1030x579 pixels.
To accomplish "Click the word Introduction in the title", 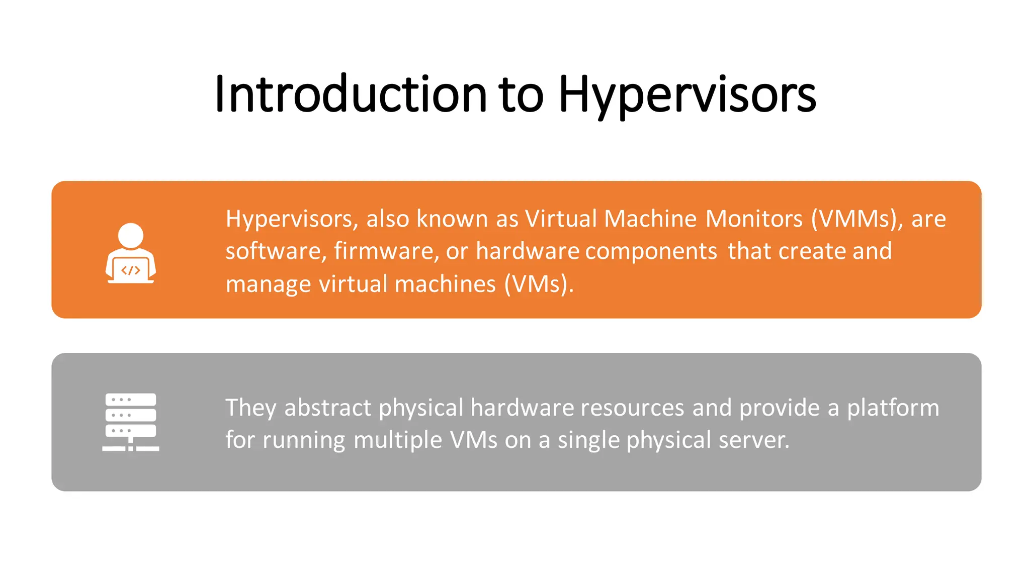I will (351, 94).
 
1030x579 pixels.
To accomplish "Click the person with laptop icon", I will (131, 253).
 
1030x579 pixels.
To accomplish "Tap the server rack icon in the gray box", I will (131, 422).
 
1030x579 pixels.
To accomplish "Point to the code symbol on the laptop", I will (131, 270).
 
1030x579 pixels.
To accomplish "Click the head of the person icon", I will (131, 235).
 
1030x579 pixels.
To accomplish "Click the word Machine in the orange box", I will (650, 219).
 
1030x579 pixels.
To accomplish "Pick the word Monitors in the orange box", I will (754, 219).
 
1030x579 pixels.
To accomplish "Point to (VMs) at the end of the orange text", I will (539, 284).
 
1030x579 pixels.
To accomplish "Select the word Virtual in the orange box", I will (561, 219).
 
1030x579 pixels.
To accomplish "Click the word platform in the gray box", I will (893, 408).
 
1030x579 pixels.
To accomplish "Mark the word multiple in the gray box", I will (398, 440).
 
